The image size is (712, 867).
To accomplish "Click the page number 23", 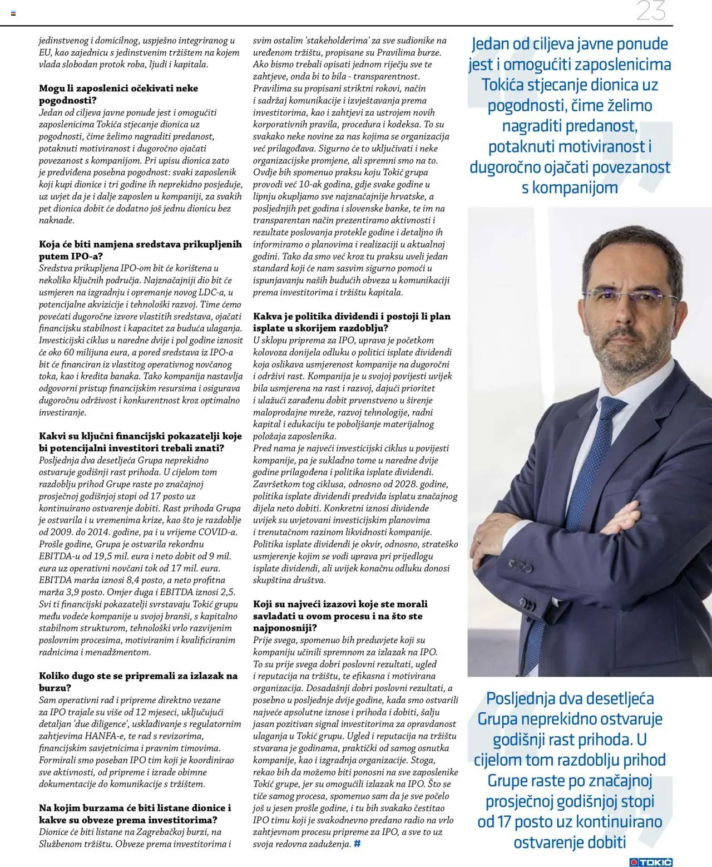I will pyautogui.click(x=651, y=11).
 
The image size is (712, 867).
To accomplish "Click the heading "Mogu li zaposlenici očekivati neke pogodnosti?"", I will pyautogui.click(x=118, y=94).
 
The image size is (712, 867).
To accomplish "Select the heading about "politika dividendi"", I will pyautogui.click(x=352, y=322).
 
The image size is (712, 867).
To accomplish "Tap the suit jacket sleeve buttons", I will pyautogui.click(x=520, y=565).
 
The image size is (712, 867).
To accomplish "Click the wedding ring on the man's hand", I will pyautogui.click(x=478, y=539).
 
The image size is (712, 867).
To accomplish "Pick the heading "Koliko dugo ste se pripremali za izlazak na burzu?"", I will pyautogui.click(x=138, y=682).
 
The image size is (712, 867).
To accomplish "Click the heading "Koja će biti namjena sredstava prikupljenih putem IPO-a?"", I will pyautogui.click(x=140, y=250).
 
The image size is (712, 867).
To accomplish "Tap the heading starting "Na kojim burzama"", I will pyautogui.click(x=135, y=814).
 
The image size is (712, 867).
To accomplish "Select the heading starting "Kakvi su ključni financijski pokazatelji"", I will pyautogui.click(x=140, y=442).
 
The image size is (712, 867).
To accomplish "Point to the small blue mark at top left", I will pyautogui.click(x=13, y=13).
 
